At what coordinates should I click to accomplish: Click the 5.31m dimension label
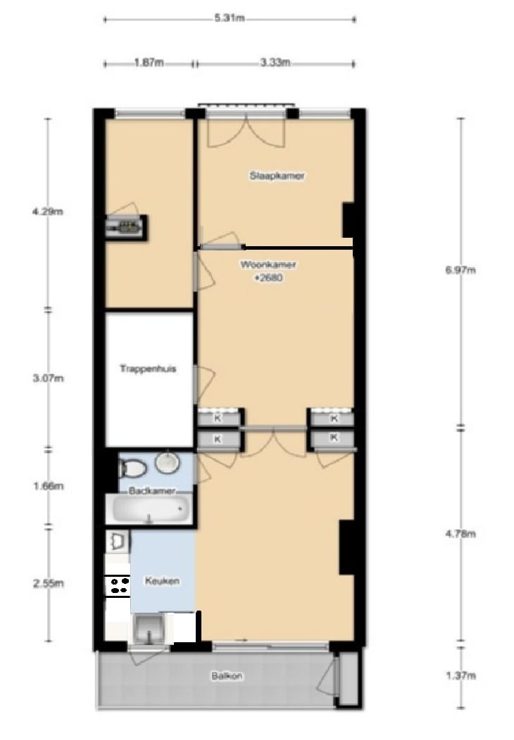230,18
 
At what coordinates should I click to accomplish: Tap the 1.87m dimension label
149,63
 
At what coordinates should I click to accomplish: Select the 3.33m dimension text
275,63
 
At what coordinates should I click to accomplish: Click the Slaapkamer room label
277,176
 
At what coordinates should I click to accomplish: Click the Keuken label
161,582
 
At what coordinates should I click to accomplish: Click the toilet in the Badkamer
131,466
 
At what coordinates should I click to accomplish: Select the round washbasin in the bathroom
167,463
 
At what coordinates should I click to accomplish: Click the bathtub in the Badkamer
149,507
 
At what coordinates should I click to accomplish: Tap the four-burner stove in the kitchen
117,585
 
